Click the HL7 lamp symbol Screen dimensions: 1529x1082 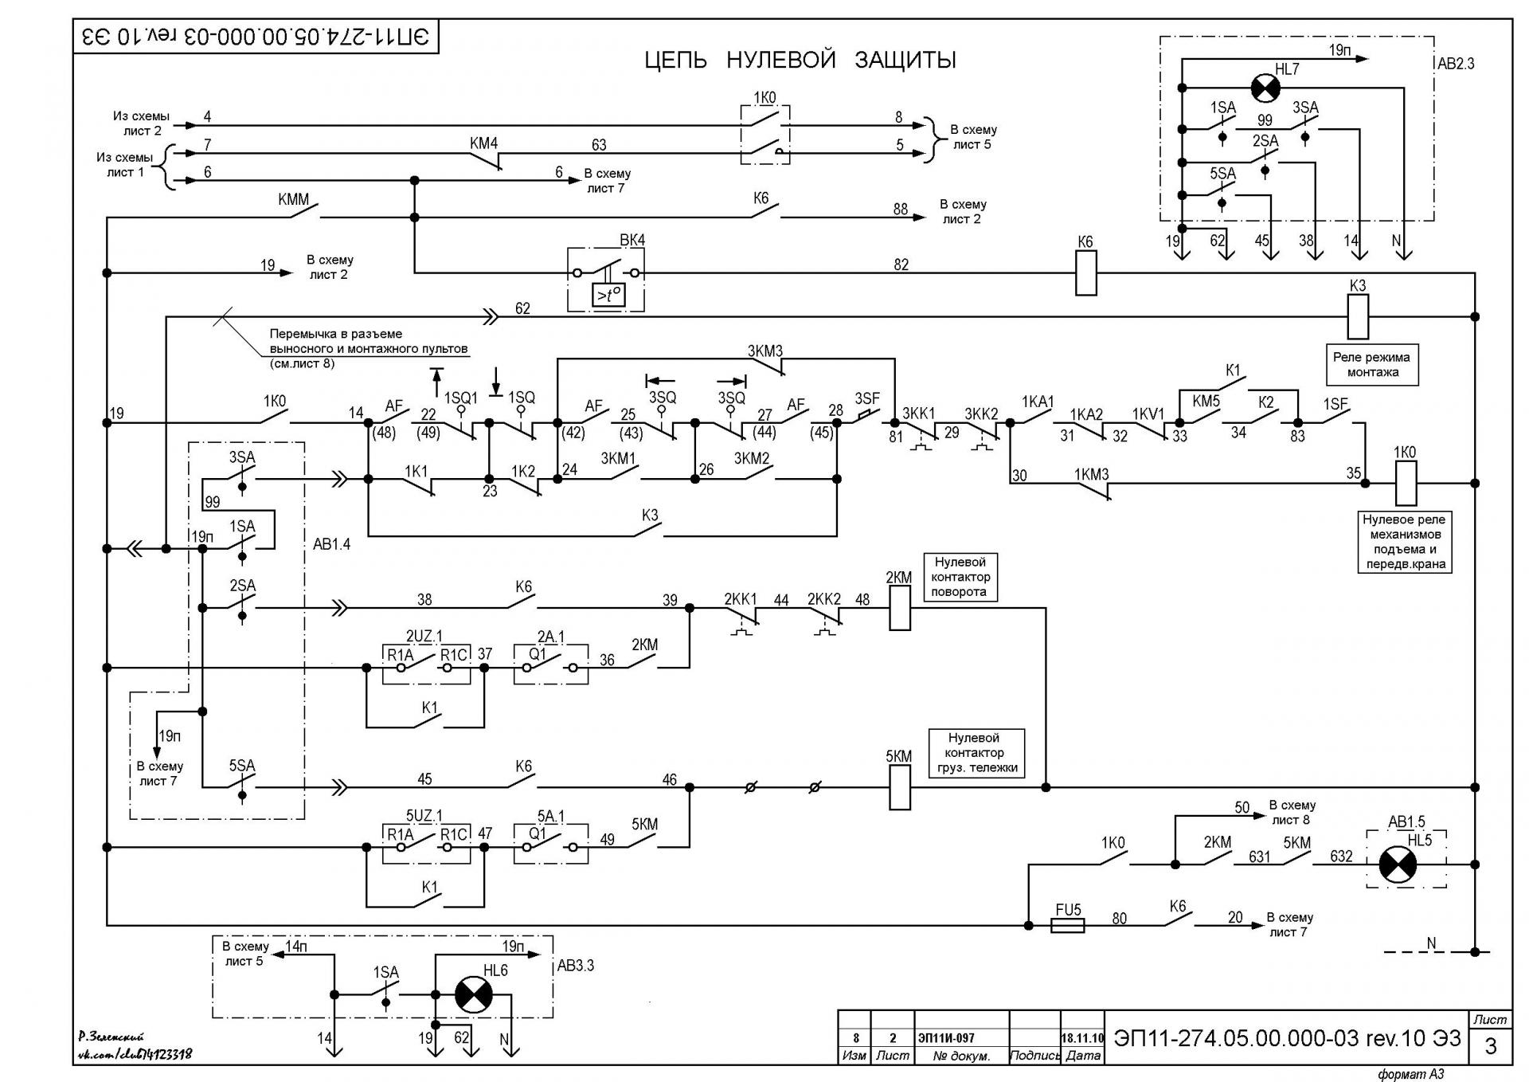point(1265,88)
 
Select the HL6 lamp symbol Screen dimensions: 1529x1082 point(473,994)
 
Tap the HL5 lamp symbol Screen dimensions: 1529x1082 point(1398,864)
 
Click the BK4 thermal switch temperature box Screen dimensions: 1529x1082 point(608,296)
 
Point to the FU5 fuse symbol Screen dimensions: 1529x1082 point(1067,926)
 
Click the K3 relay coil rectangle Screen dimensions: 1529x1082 point(1358,317)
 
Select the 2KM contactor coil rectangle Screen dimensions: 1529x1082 point(899,608)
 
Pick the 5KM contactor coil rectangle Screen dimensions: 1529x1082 point(899,787)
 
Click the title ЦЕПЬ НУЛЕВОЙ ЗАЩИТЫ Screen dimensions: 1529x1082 point(800,61)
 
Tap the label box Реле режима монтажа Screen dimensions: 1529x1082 point(1372,365)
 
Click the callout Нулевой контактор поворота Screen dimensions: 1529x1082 point(960,577)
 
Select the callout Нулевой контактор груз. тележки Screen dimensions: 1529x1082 point(976,753)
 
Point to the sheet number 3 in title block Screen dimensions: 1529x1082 point(1491,1046)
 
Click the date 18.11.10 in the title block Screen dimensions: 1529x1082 point(1082,1038)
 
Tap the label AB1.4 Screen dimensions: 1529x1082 point(331,545)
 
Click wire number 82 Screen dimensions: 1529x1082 point(901,265)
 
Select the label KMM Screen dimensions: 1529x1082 point(293,199)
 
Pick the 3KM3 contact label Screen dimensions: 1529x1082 point(764,351)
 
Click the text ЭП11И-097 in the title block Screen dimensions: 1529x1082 point(946,1038)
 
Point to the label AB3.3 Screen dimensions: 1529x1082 point(575,966)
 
